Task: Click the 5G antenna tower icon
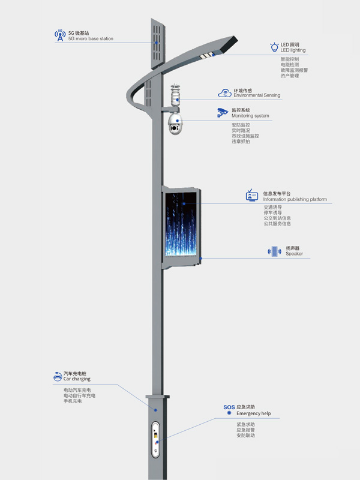[x=60, y=35]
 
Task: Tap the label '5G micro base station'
[x=91, y=39]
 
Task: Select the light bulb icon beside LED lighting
[x=275, y=47]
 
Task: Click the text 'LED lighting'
[x=293, y=50]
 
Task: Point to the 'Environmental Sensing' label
[x=257, y=95]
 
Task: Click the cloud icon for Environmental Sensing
[x=224, y=93]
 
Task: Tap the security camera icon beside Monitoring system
[x=223, y=112]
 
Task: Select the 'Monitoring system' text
[x=250, y=116]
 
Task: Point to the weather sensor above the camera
[x=175, y=95]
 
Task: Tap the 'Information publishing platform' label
[x=295, y=199]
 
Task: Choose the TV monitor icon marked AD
[x=251, y=196]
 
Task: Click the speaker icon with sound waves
[x=275, y=251]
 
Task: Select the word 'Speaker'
[x=294, y=254]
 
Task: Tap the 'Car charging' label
[x=77, y=379]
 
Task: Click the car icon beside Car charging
[x=58, y=376]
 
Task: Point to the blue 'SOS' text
[x=229, y=407]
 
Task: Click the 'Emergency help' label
[x=253, y=413]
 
